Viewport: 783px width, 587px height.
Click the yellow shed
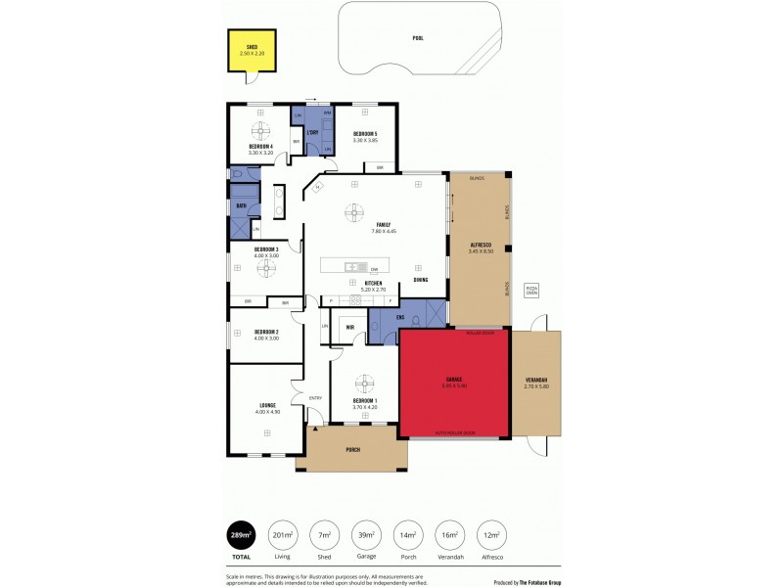pyautogui.click(x=252, y=50)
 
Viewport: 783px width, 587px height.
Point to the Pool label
pyautogui.click(x=418, y=38)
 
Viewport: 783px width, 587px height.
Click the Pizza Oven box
pyautogui.click(x=532, y=291)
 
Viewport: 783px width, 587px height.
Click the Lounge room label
pyautogui.click(x=267, y=405)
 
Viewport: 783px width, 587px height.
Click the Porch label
pyautogui.click(x=353, y=450)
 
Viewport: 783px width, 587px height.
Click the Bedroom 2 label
pyautogui.click(x=267, y=332)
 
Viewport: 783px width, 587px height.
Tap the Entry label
pyautogui.click(x=315, y=397)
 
